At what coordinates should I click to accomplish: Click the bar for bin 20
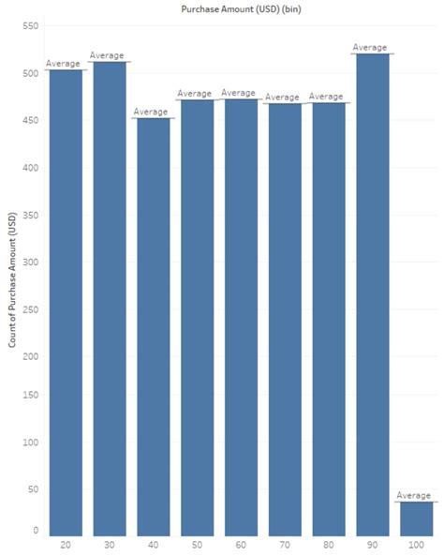[x=66, y=300]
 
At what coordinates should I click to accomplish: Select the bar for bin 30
[x=109, y=300]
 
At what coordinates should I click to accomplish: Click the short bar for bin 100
[x=413, y=518]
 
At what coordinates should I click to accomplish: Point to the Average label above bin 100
[x=413, y=495]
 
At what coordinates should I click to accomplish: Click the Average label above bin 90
[x=370, y=47]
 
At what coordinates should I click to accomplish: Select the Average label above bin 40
[x=152, y=112]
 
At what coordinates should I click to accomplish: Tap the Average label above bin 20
[x=64, y=64]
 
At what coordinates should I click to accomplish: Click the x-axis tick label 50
[x=196, y=545]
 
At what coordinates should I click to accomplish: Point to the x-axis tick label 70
[x=283, y=545]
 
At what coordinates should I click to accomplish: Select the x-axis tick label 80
[x=326, y=545]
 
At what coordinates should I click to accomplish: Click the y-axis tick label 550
[x=29, y=25]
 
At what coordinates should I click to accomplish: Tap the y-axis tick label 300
[x=29, y=262]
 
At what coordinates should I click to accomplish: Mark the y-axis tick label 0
[x=36, y=531]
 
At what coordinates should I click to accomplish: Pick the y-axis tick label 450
[x=29, y=120]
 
